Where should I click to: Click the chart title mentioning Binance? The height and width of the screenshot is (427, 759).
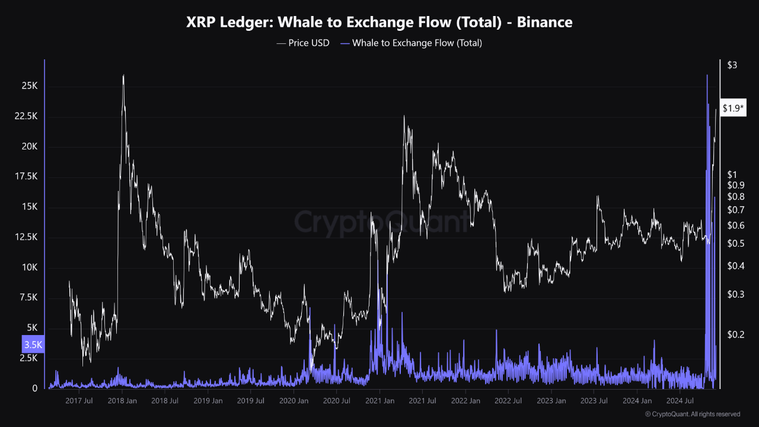point(379,23)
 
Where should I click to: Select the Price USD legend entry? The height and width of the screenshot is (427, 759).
point(303,43)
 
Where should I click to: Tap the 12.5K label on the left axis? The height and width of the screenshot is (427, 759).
point(25,237)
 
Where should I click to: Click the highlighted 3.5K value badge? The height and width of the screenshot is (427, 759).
point(33,345)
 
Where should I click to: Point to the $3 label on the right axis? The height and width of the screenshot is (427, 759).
point(732,65)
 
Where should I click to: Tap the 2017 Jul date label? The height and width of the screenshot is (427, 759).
point(79,401)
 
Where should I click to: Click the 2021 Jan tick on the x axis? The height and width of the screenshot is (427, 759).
point(379,401)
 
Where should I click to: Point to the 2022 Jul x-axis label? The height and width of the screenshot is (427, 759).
point(508,401)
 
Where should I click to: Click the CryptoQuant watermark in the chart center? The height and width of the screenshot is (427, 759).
point(379,223)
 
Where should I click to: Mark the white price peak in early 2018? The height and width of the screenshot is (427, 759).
point(123,75)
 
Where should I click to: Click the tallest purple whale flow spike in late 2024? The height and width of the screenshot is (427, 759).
point(707,75)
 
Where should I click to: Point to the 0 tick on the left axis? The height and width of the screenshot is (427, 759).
point(35,388)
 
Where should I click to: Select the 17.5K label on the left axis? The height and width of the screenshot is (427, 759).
point(25,177)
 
